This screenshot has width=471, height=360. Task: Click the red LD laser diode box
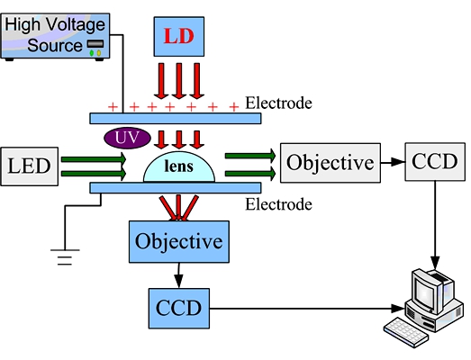[x=179, y=36]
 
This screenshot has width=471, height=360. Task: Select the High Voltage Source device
[x=55, y=37]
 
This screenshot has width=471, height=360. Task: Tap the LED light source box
[x=29, y=166]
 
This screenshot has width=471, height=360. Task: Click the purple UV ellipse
[x=127, y=138]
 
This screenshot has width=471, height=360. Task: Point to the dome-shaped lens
[x=179, y=167]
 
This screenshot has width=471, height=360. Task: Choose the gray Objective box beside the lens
[x=331, y=163]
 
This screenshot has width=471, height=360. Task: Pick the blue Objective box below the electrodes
[x=179, y=242]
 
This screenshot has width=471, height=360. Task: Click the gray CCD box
[x=435, y=161]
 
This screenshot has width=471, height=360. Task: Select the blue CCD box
[x=179, y=309]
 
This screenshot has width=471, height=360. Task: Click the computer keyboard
[x=406, y=332]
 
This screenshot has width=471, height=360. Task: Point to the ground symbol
[x=65, y=257]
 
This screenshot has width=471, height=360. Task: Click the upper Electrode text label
[x=278, y=103]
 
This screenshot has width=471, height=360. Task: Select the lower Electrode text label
[x=278, y=204]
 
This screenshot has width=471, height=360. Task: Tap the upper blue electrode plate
[x=176, y=118]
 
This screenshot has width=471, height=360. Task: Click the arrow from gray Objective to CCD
[x=393, y=162]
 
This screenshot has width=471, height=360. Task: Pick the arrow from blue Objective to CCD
[x=178, y=275]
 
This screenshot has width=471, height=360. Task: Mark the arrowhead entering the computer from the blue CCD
[x=398, y=309]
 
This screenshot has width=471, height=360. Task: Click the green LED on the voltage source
[x=92, y=53]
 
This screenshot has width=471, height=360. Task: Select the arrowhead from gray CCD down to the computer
[x=435, y=263]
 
